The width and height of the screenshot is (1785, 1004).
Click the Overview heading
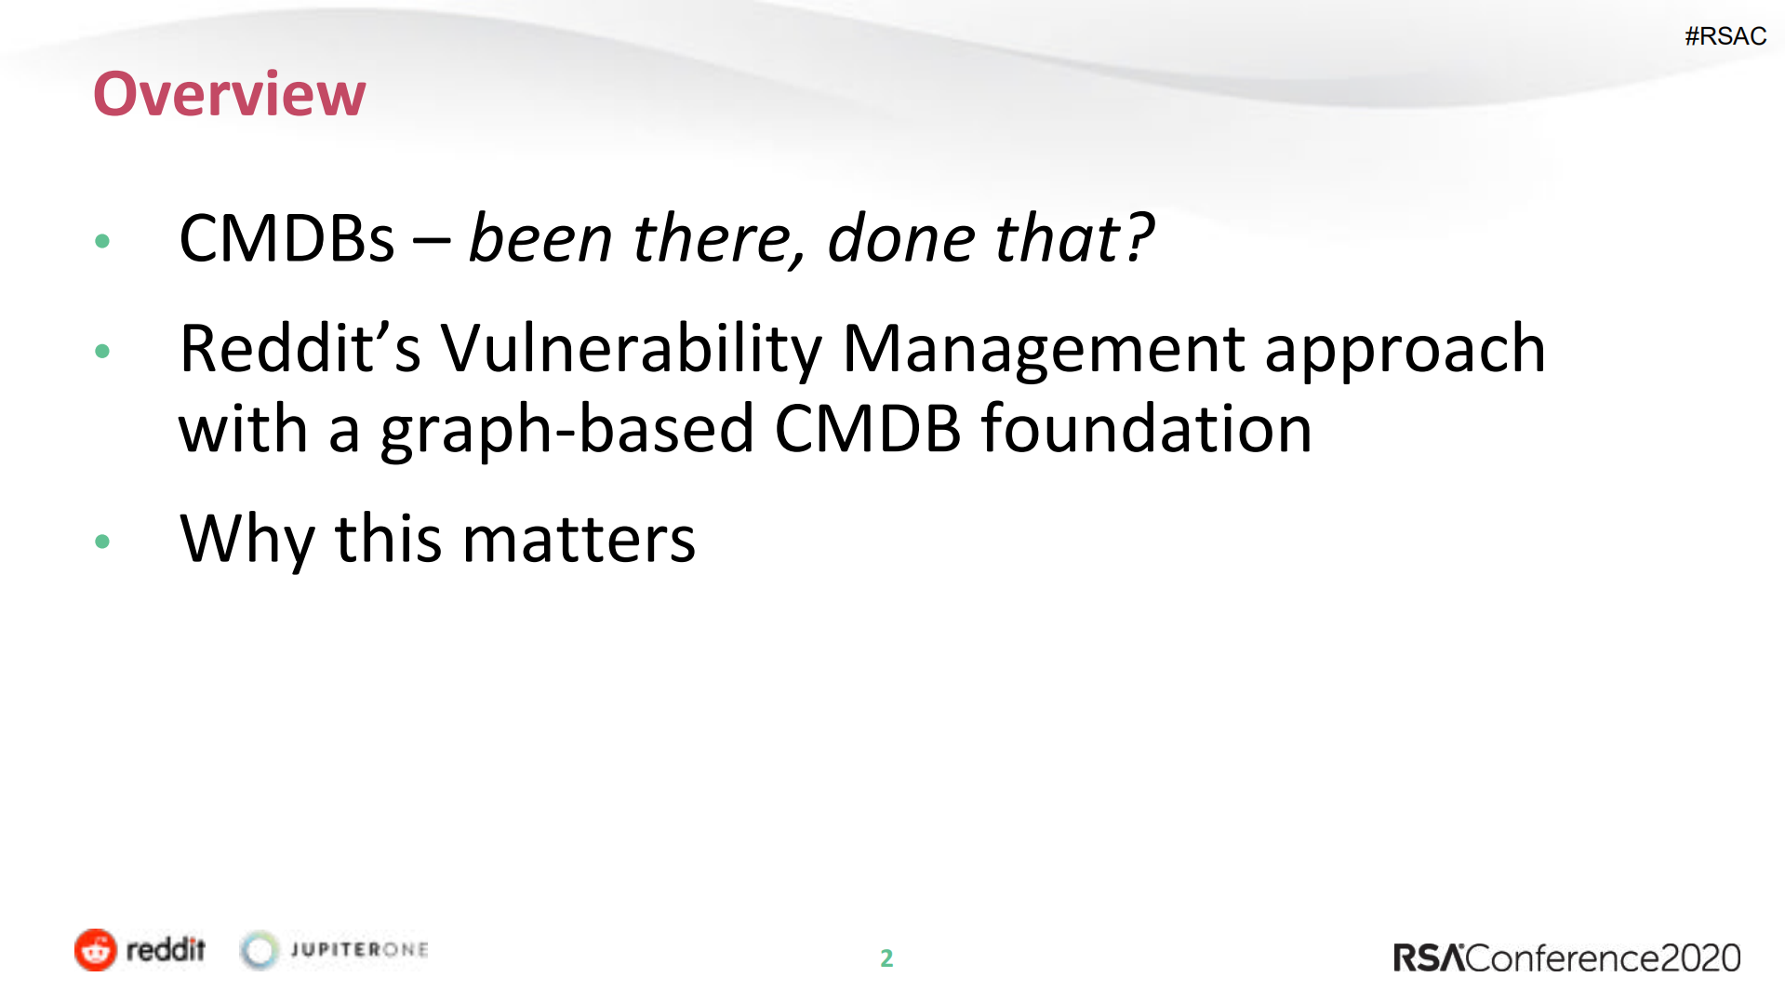click(x=229, y=94)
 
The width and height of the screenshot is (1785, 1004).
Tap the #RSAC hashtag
click(x=1725, y=36)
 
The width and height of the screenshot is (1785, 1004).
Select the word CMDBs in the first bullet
click(x=286, y=239)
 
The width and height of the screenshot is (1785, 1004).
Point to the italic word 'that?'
click(x=1074, y=239)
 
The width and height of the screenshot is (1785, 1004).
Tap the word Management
click(x=1043, y=349)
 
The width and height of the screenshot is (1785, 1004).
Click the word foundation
click(x=1146, y=429)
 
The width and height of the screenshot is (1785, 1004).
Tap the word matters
click(x=578, y=540)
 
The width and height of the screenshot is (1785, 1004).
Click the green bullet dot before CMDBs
click(x=102, y=242)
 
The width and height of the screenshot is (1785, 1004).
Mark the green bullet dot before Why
click(x=102, y=542)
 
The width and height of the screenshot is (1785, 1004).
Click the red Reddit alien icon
click(x=95, y=950)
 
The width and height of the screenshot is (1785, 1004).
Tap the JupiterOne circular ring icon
click(x=260, y=950)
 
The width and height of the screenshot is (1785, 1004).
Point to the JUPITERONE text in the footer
click(x=359, y=950)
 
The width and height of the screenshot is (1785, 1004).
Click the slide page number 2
click(x=886, y=958)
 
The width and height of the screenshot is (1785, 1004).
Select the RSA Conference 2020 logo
click(x=1565, y=958)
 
